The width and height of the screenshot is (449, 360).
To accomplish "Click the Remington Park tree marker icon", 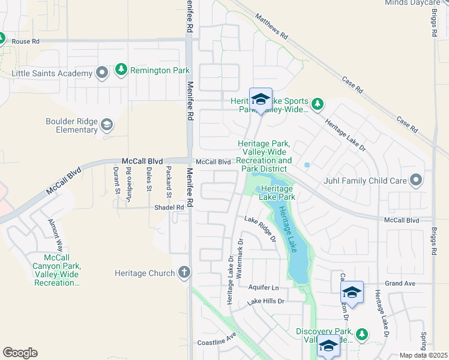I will (x=122, y=70).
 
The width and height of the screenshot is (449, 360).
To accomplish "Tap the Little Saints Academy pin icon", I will (x=102, y=74).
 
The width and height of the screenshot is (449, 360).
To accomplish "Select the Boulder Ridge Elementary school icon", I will (x=107, y=125).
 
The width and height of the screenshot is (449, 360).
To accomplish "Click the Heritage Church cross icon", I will (x=184, y=273).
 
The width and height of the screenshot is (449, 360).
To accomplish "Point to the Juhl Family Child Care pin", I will (x=416, y=179).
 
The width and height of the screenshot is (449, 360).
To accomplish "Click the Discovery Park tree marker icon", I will (x=362, y=333).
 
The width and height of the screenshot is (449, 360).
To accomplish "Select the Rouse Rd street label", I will (x=25, y=41).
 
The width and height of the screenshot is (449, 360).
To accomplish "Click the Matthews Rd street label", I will (x=271, y=28).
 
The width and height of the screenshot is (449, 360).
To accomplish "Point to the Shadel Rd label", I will (x=170, y=208).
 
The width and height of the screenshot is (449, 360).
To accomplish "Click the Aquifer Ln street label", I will (x=264, y=288).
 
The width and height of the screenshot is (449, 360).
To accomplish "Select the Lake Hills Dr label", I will (x=265, y=301).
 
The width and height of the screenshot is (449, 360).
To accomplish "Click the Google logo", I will (x=20, y=353).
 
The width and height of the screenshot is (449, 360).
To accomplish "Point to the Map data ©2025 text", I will (x=423, y=355).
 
